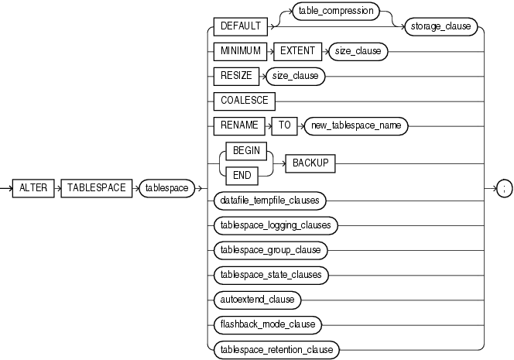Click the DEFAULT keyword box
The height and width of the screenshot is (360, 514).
pyautogui.click(x=240, y=25)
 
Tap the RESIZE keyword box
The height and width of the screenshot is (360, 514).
pyautogui.click(x=235, y=76)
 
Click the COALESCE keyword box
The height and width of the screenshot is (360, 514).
pyautogui.click(x=243, y=101)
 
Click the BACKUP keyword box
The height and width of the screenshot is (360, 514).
pyautogui.click(x=311, y=163)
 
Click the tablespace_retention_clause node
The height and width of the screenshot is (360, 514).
pyautogui.click(x=276, y=349)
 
